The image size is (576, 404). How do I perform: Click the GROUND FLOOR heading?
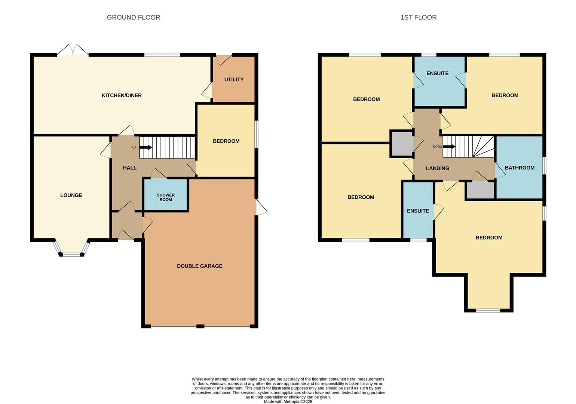[x=134, y=18]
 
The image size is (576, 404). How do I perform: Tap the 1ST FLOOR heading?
[x=419, y=18]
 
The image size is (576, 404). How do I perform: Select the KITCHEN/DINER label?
[x=122, y=95]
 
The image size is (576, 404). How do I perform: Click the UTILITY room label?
[x=234, y=79]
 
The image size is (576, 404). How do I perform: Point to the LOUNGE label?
[x=71, y=195]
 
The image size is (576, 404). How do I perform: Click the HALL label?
[x=129, y=168]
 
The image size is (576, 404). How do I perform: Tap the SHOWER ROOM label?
[x=166, y=197]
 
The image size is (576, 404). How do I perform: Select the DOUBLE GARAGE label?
[x=200, y=266]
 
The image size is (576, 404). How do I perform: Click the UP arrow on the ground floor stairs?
[x=145, y=148]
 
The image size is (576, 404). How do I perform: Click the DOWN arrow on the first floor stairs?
[x=449, y=147]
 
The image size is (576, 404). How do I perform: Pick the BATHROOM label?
[x=520, y=168]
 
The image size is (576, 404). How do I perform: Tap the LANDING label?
[x=437, y=168]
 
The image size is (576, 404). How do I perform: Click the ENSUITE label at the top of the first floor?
[x=437, y=73]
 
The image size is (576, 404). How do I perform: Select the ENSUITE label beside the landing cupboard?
[x=418, y=211]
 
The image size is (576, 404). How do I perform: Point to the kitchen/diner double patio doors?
[x=73, y=50]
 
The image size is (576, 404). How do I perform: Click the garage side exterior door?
[x=261, y=207]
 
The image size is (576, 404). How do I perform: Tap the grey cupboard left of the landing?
[x=402, y=144]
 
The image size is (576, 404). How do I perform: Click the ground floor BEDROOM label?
[x=226, y=141]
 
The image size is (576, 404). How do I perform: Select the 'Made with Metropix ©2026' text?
[x=288, y=402]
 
